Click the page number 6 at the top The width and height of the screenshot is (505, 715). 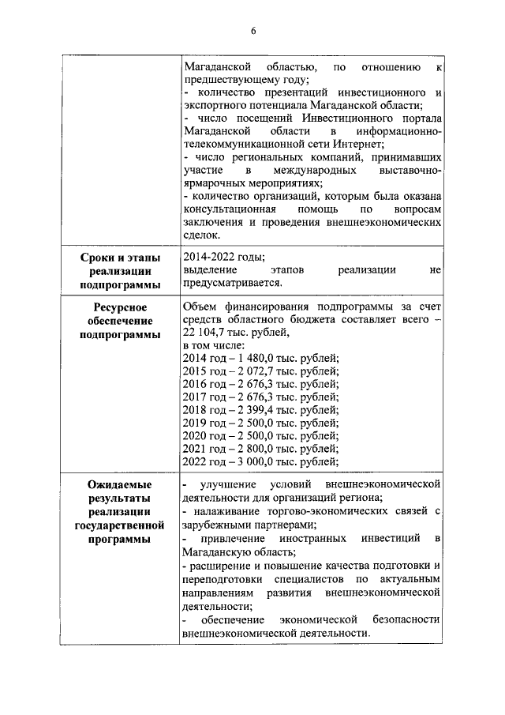[x=253, y=30]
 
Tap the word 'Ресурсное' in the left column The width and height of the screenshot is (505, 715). [x=121, y=307]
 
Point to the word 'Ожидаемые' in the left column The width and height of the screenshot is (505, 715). [x=121, y=484]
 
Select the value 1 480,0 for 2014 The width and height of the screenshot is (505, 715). [x=250, y=359]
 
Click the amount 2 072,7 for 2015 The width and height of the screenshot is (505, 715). [x=250, y=371]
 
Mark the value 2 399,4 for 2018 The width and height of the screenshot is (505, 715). [x=250, y=410]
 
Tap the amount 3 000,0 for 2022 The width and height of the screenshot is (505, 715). [x=250, y=462]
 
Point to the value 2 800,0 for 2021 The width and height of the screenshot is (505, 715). [x=250, y=449]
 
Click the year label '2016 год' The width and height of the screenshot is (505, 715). [x=202, y=385]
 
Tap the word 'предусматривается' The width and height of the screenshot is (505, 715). [x=230, y=284]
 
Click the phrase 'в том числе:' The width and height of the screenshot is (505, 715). [x=213, y=345]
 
